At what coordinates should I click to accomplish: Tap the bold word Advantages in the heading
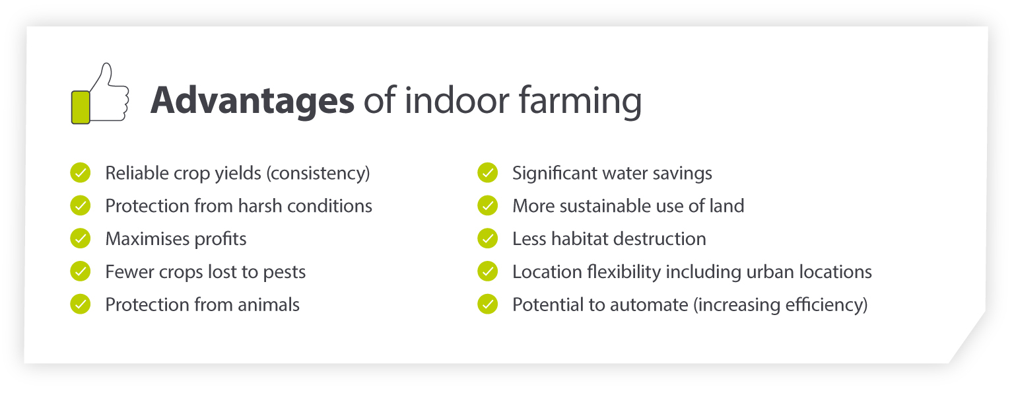[252, 100]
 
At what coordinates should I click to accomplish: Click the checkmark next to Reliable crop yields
[80, 173]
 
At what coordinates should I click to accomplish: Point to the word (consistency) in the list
[318, 174]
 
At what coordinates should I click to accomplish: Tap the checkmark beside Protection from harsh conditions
[80, 205]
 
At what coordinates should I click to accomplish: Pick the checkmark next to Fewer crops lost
[80, 271]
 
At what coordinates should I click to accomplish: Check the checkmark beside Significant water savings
[487, 173]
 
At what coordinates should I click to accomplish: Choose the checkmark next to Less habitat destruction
[487, 238]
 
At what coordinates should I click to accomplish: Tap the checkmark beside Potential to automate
[487, 304]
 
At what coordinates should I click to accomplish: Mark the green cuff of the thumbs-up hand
[80, 106]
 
